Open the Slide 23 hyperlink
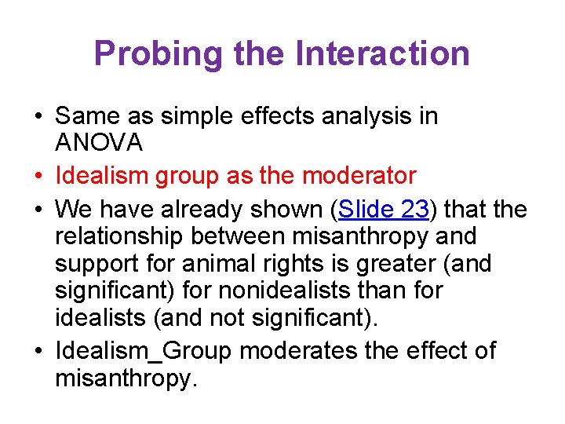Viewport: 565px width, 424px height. (x=382, y=210)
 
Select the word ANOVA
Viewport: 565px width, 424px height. (x=99, y=143)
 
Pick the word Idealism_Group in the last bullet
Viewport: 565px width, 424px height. (x=144, y=350)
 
